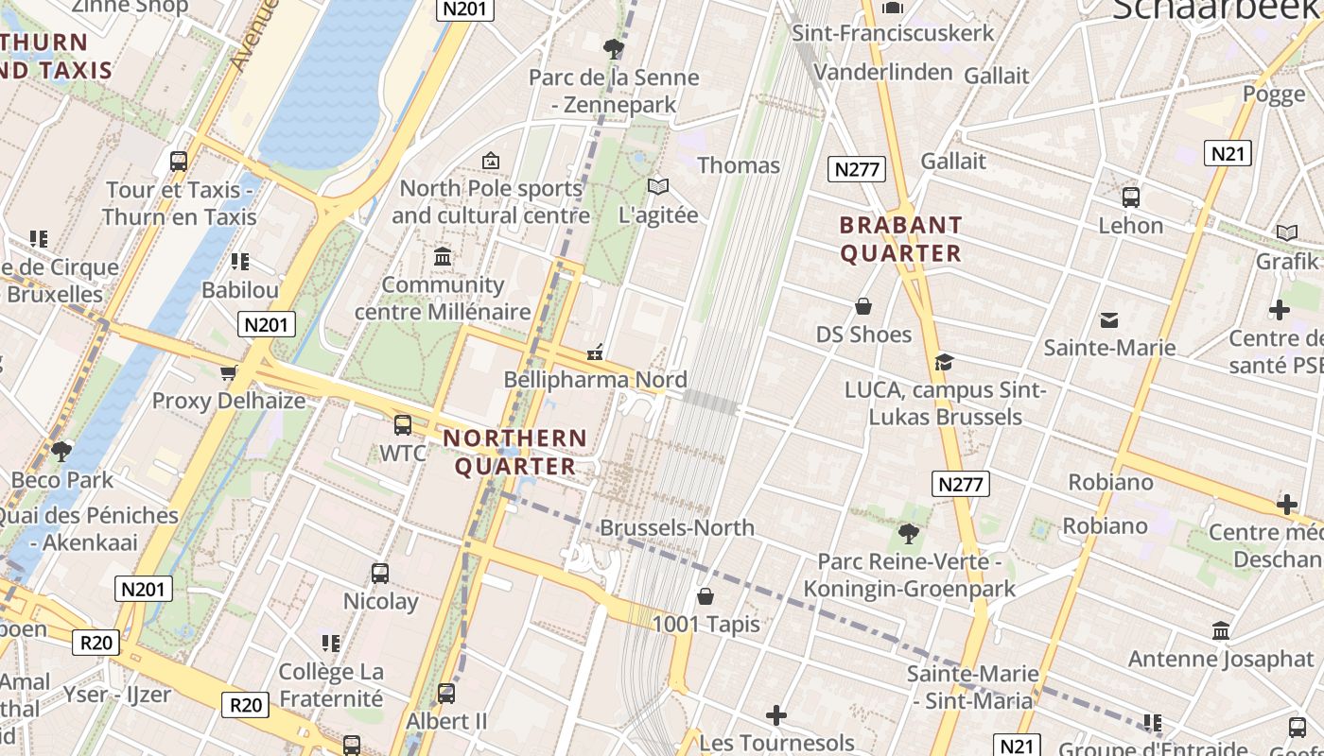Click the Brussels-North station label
pos(677,527)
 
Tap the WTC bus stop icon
pos(403,424)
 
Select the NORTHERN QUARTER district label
pos(515,452)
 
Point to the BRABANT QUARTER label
pos(900,239)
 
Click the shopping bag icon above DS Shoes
pos(862,306)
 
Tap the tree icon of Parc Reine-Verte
pos(908,534)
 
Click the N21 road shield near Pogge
pos(1228,153)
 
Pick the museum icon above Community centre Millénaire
pos(442,256)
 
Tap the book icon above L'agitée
pos(657,186)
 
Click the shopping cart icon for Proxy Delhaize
pos(228,372)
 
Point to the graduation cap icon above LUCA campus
pos(943,362)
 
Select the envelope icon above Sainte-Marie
pos(1108,320)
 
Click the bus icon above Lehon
pos(1130,198)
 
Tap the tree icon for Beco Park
pos(61,451)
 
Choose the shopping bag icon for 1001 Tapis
pos(705,596)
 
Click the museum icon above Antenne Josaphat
pos(1221,630)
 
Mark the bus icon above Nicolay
pos(380,573)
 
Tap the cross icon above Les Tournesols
pos(775,715)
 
